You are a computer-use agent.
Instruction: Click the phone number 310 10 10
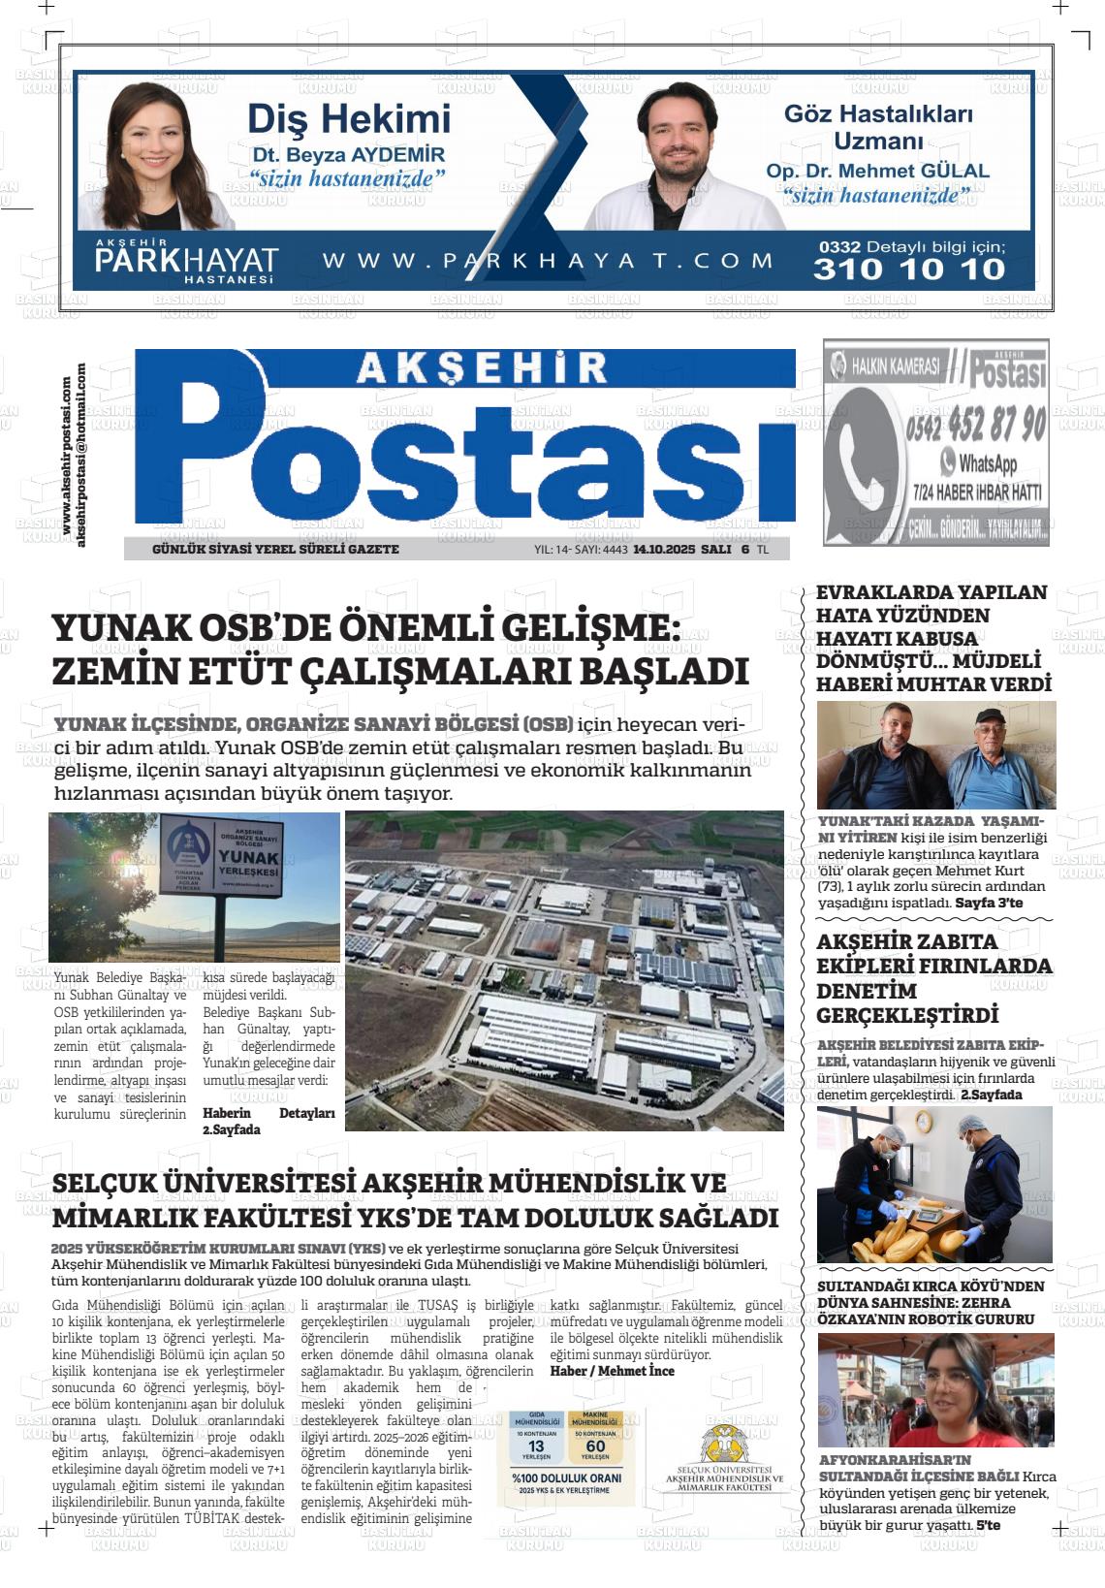(x=909, y=269)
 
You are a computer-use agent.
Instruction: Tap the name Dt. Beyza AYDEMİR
(x=348, y=155)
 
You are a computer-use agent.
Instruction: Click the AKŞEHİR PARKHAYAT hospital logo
(x=186, y=261)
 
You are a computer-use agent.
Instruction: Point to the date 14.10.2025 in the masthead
(x=664, y=549)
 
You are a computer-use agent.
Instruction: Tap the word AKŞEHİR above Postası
(x=481, y=366)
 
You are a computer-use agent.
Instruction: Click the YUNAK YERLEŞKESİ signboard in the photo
(x=221, y=857)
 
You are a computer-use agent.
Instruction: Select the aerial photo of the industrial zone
(x=564, y=969)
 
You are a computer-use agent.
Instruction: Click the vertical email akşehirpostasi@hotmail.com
(x=80, y=454)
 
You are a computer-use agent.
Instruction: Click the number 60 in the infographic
(x=595, y=1445)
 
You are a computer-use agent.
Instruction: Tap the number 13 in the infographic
(x=536, y=1445)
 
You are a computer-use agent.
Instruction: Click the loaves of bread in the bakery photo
(x=892, y=1239)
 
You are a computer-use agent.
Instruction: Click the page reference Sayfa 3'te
(x=989, y=903)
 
